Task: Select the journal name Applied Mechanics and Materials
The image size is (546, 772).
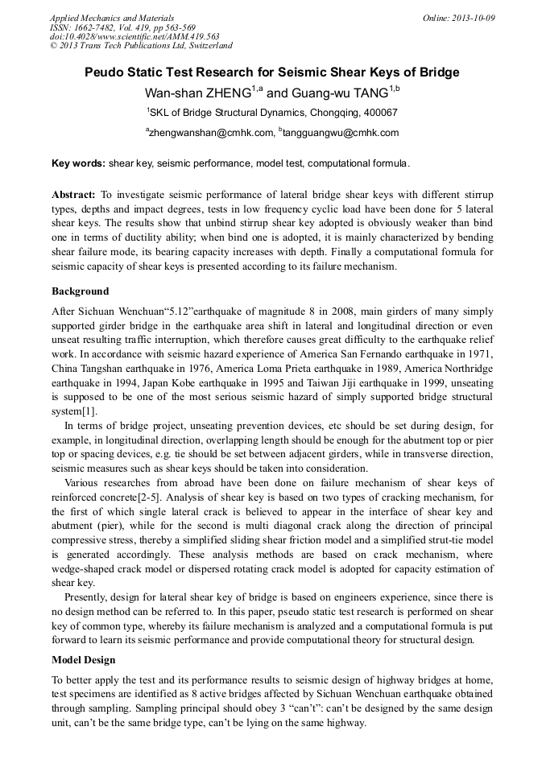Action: point(112,18)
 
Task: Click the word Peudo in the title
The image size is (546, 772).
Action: point(105,72)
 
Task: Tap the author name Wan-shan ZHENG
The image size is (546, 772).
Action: point(198,93)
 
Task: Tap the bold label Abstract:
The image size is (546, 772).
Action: point(74,196)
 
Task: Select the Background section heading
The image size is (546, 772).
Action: point(81,291)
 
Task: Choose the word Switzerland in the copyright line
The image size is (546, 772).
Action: point(205,46)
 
